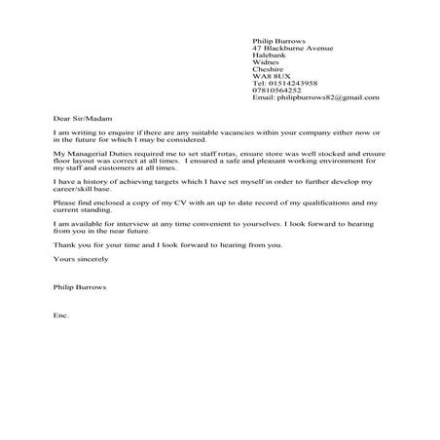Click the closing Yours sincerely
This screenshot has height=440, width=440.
pyautogui.click(x=78, y=261)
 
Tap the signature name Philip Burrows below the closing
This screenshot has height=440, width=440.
pyautogui.click(x=80, y=289)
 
